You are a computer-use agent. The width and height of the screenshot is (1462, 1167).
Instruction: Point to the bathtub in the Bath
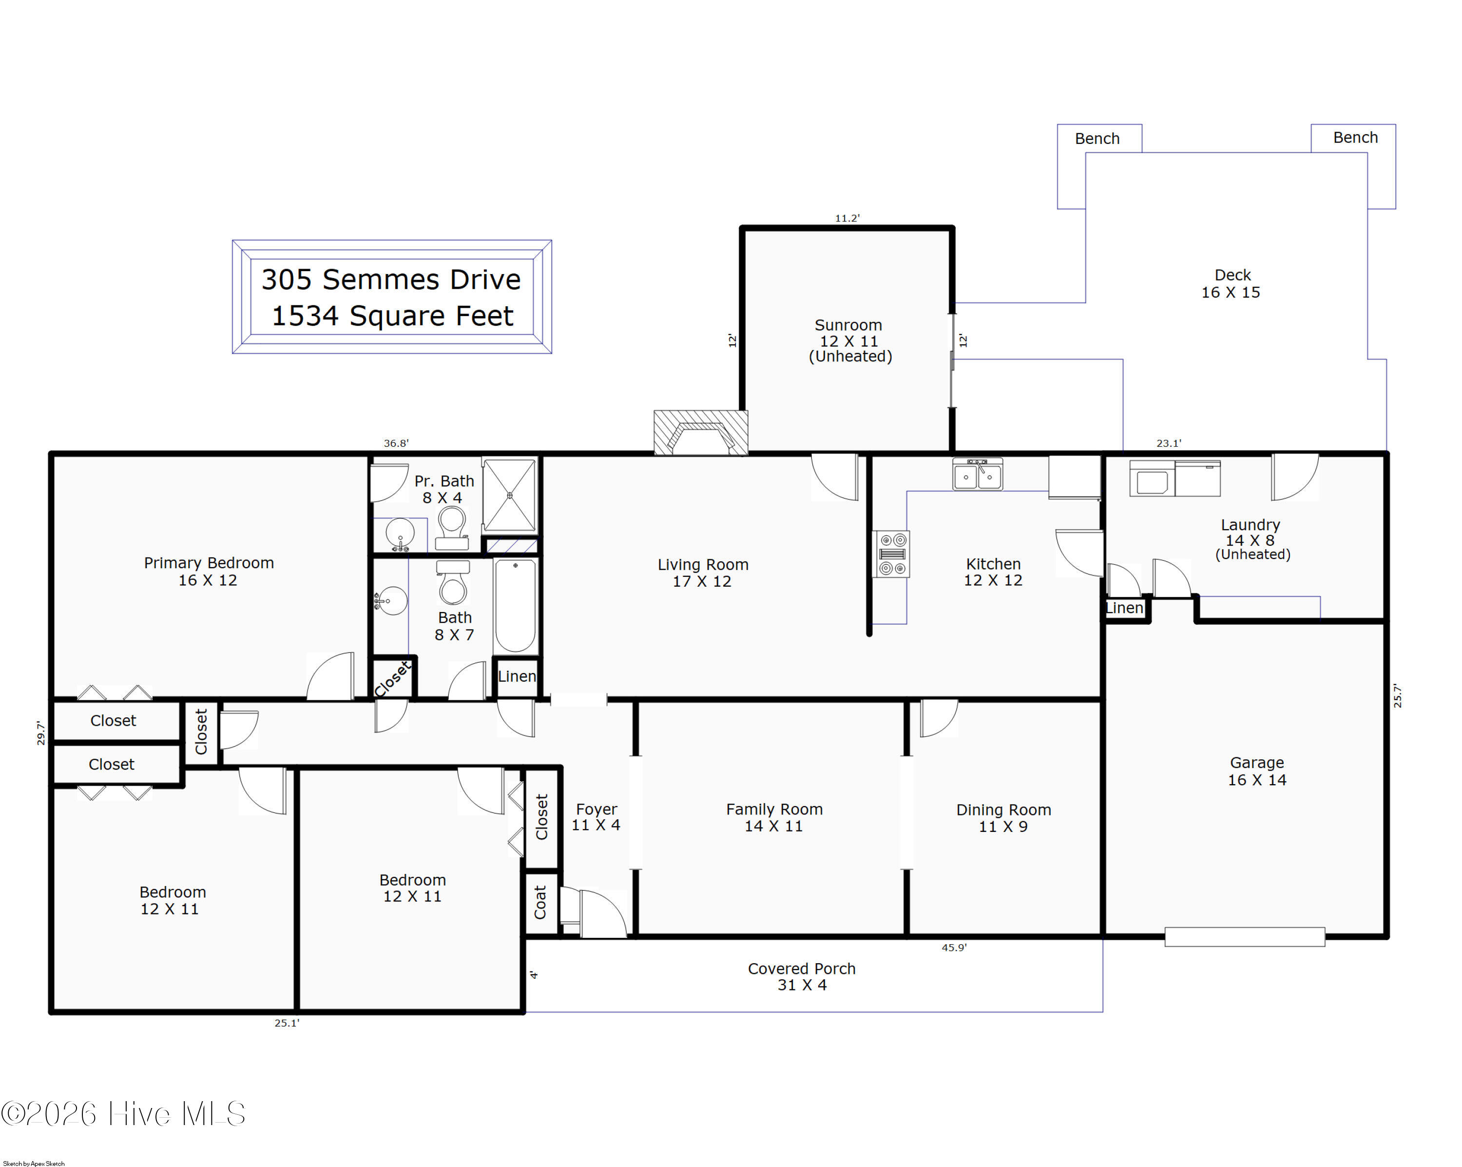(516, 605)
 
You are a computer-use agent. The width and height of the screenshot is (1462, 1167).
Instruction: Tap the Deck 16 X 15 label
(1231, 284)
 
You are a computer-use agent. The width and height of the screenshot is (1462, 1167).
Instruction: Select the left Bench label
(1097, 139)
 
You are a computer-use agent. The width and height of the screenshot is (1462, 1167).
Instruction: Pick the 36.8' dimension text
(396, 443)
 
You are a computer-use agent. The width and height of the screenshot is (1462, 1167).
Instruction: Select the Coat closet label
(540, 902)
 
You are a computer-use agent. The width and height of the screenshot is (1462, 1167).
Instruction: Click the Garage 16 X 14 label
(1256, 771)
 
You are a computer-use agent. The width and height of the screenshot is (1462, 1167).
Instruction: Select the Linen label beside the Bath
(517, 676)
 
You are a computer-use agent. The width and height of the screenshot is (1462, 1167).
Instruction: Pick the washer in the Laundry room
(1152, 479)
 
